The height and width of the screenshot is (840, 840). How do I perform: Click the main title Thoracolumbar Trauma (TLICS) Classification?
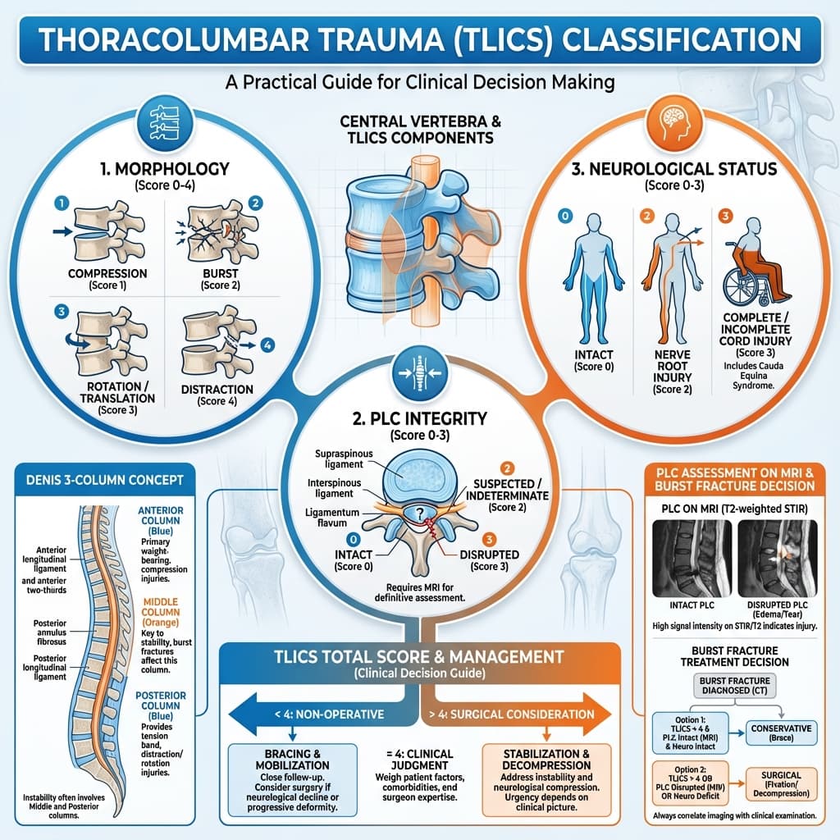(x=419, y=40)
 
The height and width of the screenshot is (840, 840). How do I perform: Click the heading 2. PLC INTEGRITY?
(x=419, y=418)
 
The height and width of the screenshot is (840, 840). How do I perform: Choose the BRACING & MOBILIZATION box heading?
(x=292, y=759)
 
